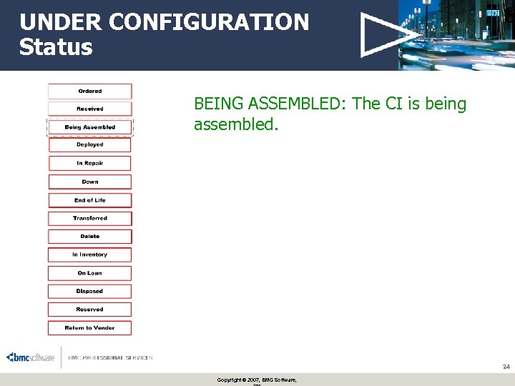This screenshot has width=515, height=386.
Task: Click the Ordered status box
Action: point(90,91)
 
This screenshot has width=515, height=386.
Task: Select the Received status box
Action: point(90,109)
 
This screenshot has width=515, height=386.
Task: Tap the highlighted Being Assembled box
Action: point(90,127)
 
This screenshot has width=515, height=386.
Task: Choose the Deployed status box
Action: point(90,145)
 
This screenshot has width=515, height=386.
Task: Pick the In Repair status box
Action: point(90,163)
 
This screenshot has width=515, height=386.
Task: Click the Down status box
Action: point(90,182)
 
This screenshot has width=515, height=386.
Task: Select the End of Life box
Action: point(90,200)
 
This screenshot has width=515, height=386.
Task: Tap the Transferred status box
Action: point(90,218)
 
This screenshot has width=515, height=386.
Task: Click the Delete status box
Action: point(90,237)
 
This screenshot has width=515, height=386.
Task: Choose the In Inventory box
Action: point(90,254)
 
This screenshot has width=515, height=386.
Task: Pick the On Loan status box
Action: point(90,273)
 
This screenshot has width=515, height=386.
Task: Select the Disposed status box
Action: point(90,292)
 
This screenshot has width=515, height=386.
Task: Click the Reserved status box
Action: point(90,310)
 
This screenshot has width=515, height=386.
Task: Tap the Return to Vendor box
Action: point(90,328)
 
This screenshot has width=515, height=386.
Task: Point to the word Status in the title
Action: point(56,47)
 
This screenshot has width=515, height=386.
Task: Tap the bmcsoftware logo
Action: point(31,357)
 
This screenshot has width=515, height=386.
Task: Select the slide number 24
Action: point(506,367)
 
